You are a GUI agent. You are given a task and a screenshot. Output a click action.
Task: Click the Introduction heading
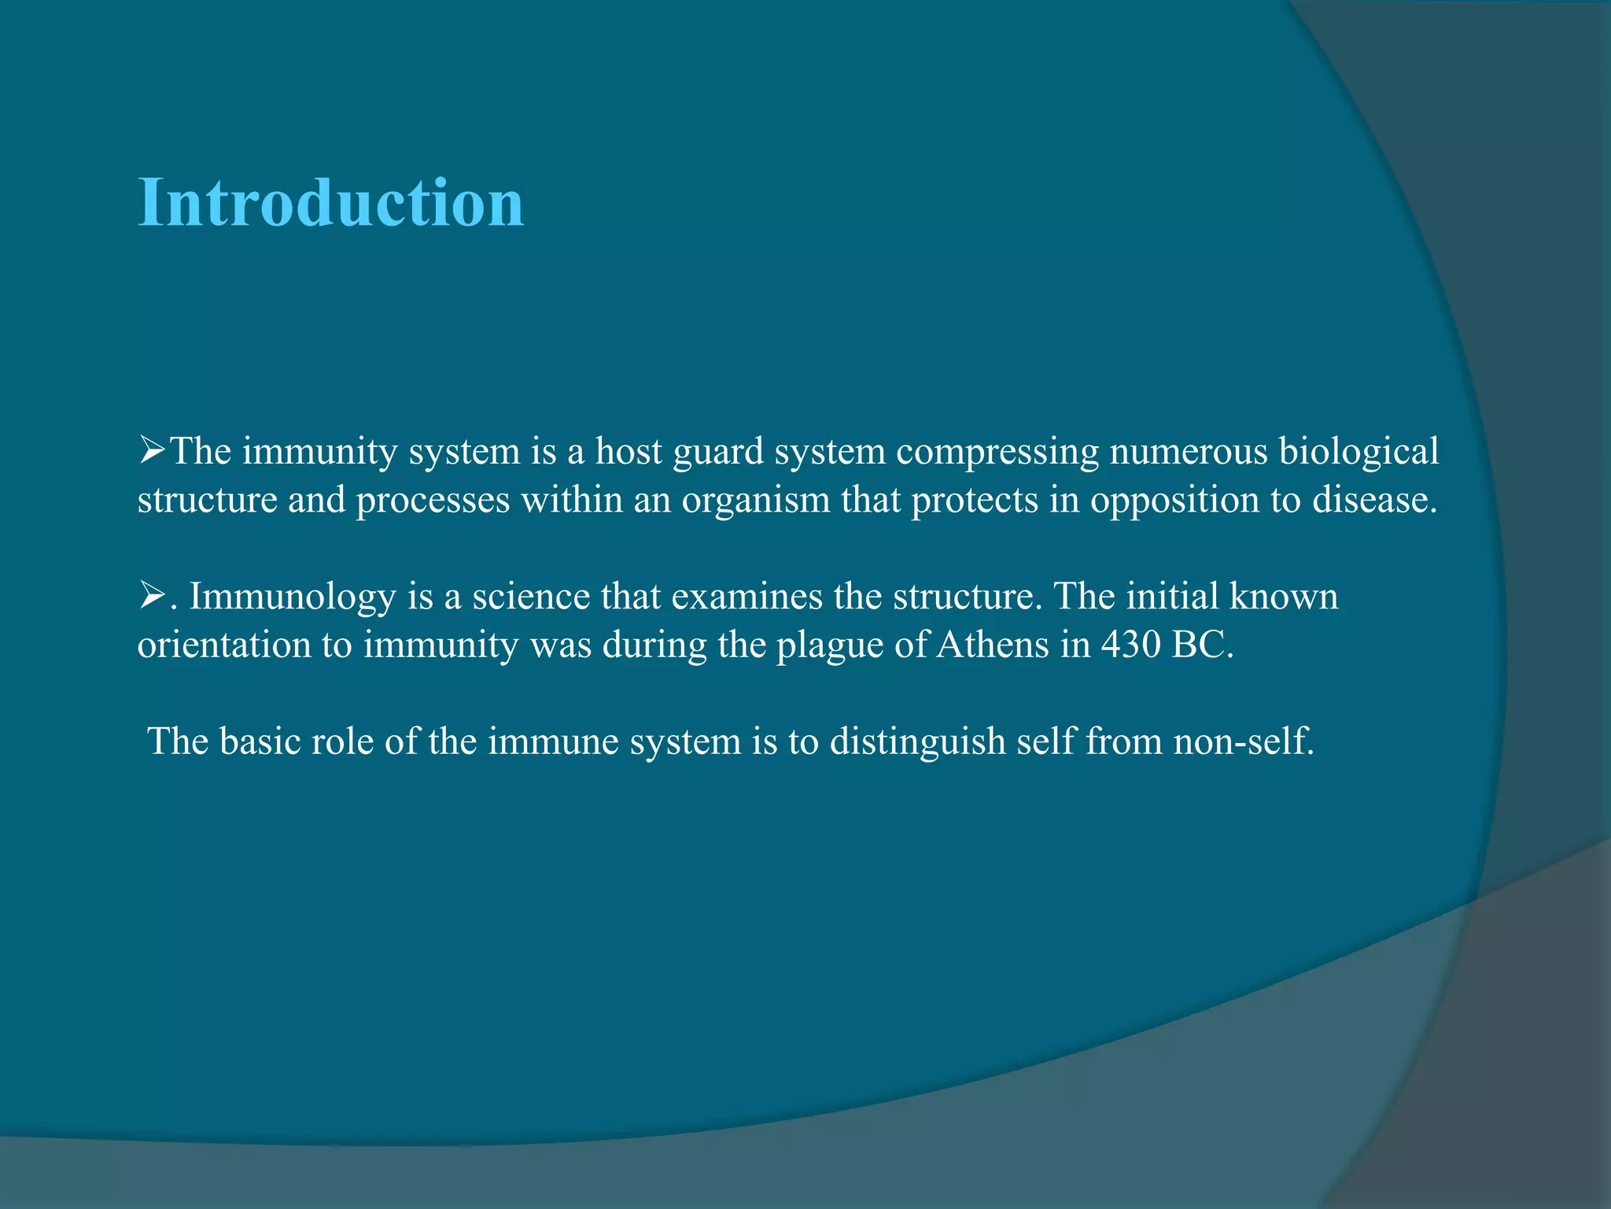330,203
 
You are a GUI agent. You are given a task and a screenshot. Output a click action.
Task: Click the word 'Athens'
993,645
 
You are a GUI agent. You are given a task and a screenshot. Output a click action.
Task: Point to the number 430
1130,645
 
